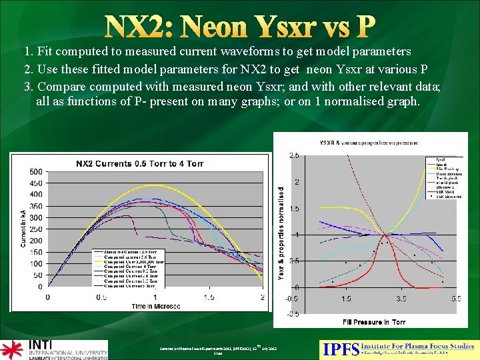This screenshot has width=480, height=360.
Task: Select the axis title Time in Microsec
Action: pyautogui.click(x=156, y=307)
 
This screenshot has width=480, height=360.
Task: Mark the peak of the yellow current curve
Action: pyautogui.click(x=155, y=185)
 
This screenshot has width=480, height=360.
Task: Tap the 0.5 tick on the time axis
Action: pyautogui.click(x=101, y=297)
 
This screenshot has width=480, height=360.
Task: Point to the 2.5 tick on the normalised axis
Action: pyautogui.click(x=294, y=155)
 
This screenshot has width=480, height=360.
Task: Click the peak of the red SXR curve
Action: pyautogui.click(x=385, y=235)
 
